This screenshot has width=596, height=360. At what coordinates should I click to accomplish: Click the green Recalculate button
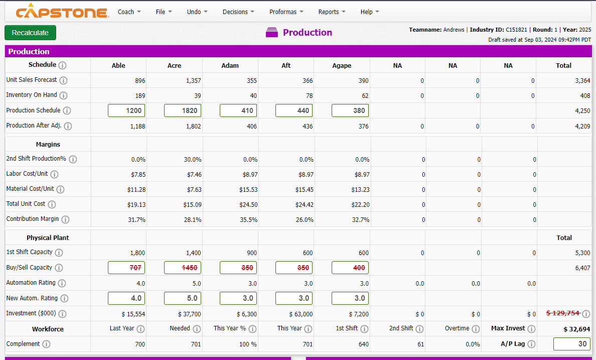pyautogui.click(x=30, y=33)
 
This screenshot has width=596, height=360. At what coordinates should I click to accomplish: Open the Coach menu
pyautogui.click(x=129, y=12)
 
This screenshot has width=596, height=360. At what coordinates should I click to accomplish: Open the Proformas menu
pyautogui.click(x=286, y=12)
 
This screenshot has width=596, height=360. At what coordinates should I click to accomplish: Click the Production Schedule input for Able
pyautogui.click(x=126, y=110)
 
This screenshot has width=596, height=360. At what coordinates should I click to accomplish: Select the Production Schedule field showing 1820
pyautogui.click(x=183, y=110)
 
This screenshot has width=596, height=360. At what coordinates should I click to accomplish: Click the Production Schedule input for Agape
pyautogui.click(x=350, y=110)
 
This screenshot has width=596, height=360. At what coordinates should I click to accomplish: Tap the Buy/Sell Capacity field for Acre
pyautogui.click(x=183, y=268)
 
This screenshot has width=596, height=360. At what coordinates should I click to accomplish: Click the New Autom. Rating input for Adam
pyautogui.click(x=238, y=298)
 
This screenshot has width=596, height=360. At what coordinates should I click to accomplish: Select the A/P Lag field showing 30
pyautogui.click(x=572, y=344)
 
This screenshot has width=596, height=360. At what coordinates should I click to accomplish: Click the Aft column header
pyautogui.click(x=286, y=65)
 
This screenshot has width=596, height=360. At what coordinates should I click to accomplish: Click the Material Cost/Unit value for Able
pyautogui.click(x=136, y=189)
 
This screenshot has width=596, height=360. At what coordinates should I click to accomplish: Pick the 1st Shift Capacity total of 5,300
pyautogui.click(x=582, y=253)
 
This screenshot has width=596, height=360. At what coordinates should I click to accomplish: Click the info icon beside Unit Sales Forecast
pyautogui.click(x=64, y=80)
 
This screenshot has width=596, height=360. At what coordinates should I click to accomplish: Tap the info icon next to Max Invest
pyautogui.click(x=531, y=329)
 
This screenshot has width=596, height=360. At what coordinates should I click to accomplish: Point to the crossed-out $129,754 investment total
pyautogui.click(x=562, y=313)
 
